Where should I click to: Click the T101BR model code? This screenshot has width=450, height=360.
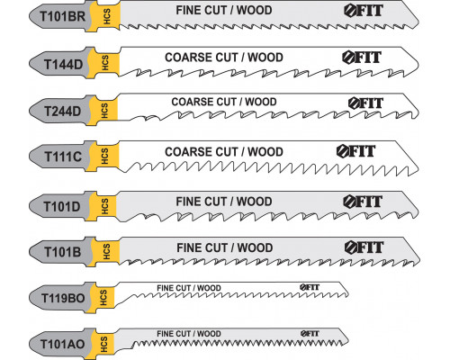click(63, 16)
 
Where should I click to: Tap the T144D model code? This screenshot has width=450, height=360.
click(63, 64)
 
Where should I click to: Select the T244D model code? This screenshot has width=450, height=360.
click(63, 112)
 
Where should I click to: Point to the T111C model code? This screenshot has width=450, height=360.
click(63, 157)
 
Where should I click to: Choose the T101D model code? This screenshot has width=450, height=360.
click(62, 206)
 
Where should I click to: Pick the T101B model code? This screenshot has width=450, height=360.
click(63, 252)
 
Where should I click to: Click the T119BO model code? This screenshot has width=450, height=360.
click(63, 298)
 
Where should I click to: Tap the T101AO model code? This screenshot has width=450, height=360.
click(62, 344)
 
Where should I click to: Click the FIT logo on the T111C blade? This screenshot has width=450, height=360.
click(355, 151)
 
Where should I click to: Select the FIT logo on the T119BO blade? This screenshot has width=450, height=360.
click(310, 287)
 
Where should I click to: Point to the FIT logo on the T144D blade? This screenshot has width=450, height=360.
click(362, 58)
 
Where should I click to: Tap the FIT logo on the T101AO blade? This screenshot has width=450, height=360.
click(310, 333)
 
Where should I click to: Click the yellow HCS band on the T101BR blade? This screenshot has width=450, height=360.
click(107, 15)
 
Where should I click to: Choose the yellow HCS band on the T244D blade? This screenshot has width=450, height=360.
click(103, 111)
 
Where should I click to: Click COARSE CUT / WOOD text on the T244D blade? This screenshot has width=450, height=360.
click(224, 102)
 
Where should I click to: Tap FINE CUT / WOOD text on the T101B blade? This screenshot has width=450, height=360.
click(225, 247)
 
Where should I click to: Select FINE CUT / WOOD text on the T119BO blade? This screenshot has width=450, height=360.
click(189, 288)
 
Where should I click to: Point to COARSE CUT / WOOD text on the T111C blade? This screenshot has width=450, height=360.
click(224, 152)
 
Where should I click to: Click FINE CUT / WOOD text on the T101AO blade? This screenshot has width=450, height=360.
click(189, 334)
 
